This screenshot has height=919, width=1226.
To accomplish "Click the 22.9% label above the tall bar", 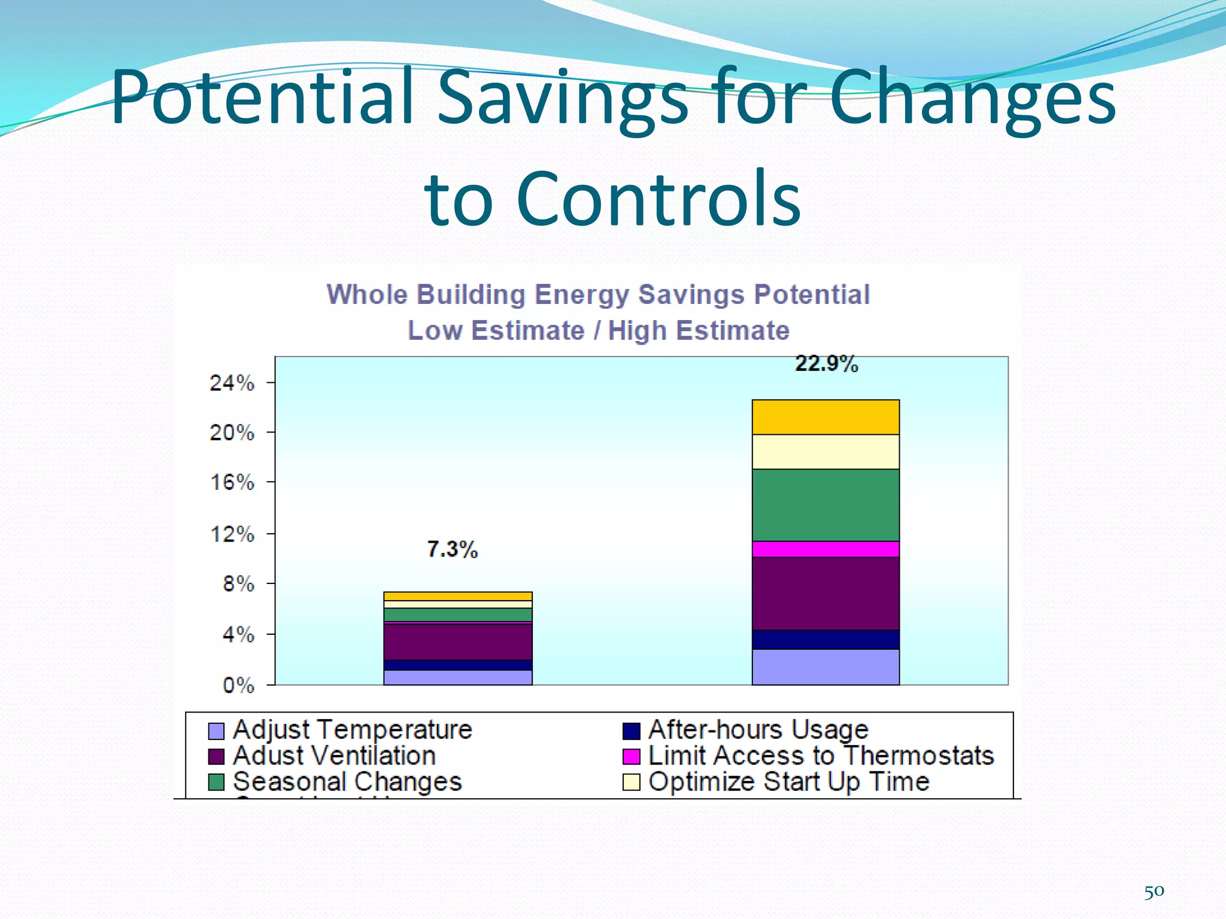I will tap(826, 364).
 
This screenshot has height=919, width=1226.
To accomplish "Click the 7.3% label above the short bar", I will tap(453, 549).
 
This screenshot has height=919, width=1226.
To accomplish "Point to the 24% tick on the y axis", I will tap(232, 383).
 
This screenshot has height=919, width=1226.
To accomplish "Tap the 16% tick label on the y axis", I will tap(232, 482).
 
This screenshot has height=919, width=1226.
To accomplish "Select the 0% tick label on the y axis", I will tap(238, 686).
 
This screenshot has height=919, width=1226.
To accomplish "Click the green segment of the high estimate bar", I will tap(826, 505).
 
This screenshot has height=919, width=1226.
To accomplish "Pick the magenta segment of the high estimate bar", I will tap(826, 549).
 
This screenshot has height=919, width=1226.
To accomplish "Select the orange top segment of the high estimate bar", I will tap(826, 417).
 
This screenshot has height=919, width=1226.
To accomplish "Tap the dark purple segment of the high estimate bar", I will tap(826, 594).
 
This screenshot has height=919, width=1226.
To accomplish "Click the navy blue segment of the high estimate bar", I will tap(826, 640).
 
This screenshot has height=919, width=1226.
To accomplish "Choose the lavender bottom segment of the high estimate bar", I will tap(826, 667).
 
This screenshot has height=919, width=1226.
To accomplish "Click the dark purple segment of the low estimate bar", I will tap(457, 642).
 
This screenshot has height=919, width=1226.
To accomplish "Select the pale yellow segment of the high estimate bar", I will tap(826, 452).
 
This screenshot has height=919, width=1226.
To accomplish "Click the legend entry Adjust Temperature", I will tap(352, 730).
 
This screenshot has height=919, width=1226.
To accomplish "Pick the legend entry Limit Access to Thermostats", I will tap(820, 756).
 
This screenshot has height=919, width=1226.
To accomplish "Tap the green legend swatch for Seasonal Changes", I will tap(216, 782).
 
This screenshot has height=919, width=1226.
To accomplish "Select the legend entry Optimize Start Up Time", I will tap(788, 782).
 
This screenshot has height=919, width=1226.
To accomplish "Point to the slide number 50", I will tap(1154, 892).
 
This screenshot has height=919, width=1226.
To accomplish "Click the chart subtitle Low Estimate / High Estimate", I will tap(599, 331).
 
